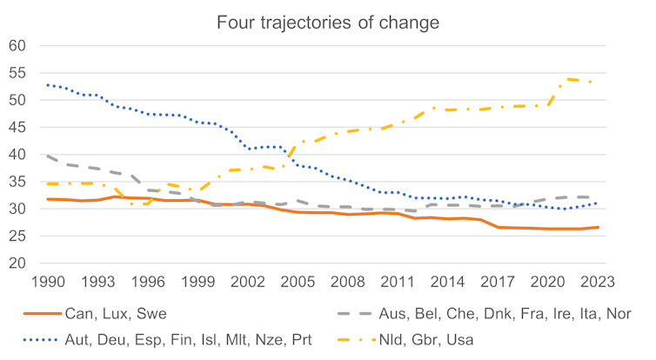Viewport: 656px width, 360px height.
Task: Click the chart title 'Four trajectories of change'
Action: [x=328, y=20]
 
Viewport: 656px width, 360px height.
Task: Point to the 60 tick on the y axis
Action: [x=20, y=46]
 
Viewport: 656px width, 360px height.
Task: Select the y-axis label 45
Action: [x=20, y=128]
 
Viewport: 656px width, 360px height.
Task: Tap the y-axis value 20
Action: [x=20, y=263]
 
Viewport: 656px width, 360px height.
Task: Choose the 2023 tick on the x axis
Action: [x=599, y=282]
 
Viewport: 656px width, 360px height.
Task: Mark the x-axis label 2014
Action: [x=448, y=282]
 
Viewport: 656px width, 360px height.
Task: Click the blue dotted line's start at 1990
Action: [x=47, y=85]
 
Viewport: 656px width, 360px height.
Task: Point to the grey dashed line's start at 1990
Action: [x=47, y=157]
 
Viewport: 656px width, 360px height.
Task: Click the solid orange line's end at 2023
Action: [x=599, y=227]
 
